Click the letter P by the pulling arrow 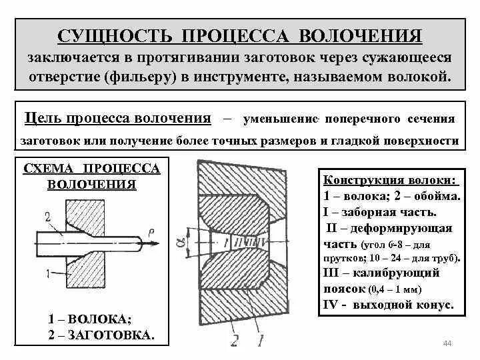tap(153, 229)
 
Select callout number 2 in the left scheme tap(47, 215)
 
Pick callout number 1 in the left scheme tap(47, 273)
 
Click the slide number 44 tap(447, 343)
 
